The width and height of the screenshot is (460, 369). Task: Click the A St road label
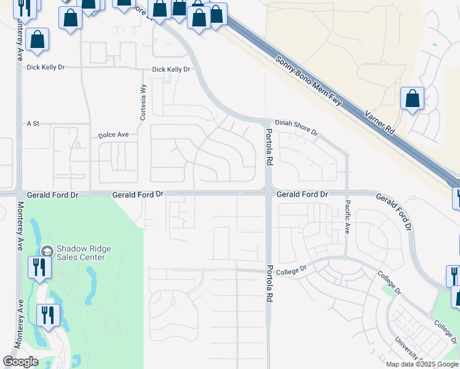click(33, 124)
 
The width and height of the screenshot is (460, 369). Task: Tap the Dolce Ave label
click(113, 135)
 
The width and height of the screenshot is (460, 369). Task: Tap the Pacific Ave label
click(347, 217)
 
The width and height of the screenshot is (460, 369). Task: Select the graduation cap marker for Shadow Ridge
click(47, 251)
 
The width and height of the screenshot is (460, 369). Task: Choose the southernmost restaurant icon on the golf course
click(47, 314)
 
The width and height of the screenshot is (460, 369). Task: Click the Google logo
click(20, 362)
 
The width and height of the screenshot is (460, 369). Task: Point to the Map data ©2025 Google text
click(421, 364)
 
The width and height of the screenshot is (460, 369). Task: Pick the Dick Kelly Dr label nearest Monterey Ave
click(46, 68)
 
